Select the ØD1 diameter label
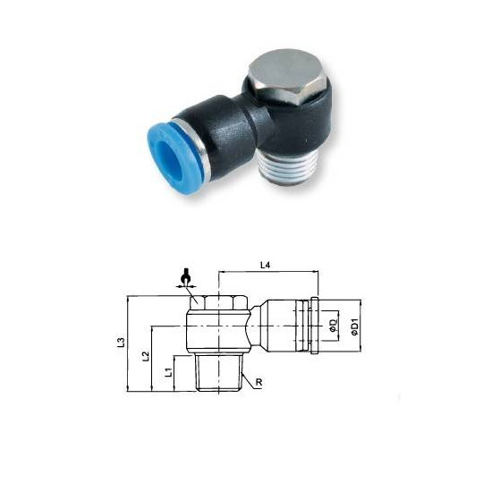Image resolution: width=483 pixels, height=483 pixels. coord(354,327)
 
